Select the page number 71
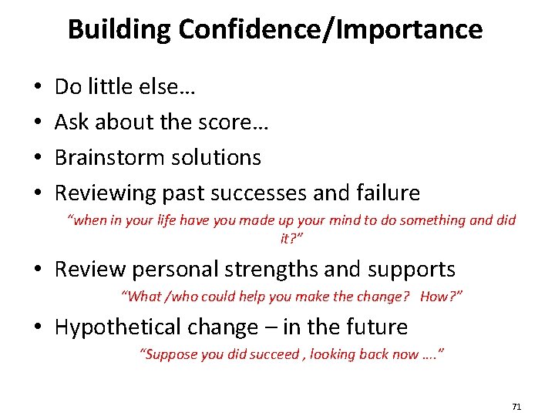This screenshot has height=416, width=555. coord(516,406)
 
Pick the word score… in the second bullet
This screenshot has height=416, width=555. coord(239,122)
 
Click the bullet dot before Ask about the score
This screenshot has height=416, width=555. coord(39,123)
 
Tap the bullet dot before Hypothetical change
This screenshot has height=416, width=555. coord(39,327)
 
